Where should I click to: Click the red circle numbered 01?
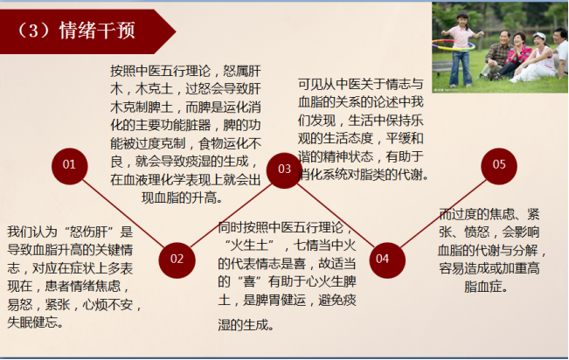coord(69,166)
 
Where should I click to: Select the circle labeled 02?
coord(177,260)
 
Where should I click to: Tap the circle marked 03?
coord(284,170)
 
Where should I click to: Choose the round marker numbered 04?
coord(387,260)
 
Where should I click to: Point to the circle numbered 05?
coord(499,166)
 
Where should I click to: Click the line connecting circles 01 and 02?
coord(123,213)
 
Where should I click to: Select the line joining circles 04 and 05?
coord(443,213)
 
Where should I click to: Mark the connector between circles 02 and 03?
coord(231,215)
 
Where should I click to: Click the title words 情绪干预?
coord(97,30)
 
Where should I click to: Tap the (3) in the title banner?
coord(33,31)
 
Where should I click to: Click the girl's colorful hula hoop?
coord(454,45)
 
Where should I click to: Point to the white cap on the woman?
coord(539,37)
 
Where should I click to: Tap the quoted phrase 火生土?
coord(249,246)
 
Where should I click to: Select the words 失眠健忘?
coord(32,322)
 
